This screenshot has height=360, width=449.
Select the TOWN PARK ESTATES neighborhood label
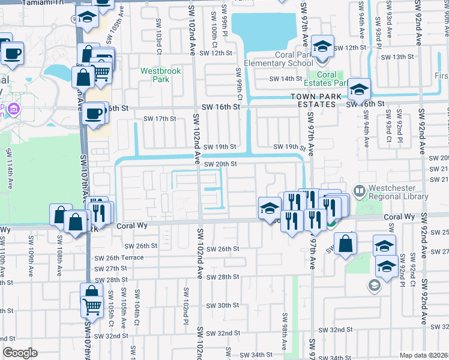click(313, 100)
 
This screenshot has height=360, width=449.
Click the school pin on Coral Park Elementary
click(323, 47)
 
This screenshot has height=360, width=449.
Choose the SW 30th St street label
click(223, 305)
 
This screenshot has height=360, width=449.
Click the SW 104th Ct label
click(137, 303)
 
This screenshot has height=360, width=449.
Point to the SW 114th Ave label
click(8, 174)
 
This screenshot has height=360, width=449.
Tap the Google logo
click(19, 353)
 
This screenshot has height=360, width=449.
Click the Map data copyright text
click(423, 355)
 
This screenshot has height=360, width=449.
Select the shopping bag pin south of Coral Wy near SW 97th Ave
click(345, 244)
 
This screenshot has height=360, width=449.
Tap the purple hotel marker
click(14, 109)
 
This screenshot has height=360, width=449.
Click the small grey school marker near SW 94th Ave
click(374, 285)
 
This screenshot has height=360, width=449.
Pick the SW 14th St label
click(285, 79)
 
